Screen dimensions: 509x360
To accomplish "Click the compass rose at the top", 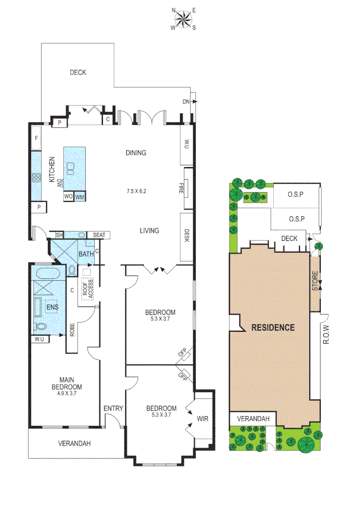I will tap(183, 19).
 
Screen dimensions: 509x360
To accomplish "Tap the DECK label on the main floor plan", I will tap(78, 72).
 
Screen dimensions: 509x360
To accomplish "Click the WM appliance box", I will tap(80, 196).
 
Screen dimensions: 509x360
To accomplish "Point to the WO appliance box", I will tap(68, 196).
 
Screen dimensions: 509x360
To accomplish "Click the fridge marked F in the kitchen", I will tap(37, 139).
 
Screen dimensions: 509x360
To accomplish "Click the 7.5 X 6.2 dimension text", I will tap(137, 191).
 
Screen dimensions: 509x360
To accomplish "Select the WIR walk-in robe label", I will tap(202, 419).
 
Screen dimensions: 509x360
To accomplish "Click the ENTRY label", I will tap(114, 408).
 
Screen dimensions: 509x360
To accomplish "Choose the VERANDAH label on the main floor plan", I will tap(74, 443).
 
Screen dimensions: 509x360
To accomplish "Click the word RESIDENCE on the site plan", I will tap(273, 327).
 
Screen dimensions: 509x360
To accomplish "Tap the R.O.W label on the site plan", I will tap(328, 335).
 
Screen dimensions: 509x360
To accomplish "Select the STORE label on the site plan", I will tap(315, 280).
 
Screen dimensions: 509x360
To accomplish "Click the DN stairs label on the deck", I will tap(186, 101).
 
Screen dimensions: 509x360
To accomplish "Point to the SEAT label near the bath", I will tap(99, 235).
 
